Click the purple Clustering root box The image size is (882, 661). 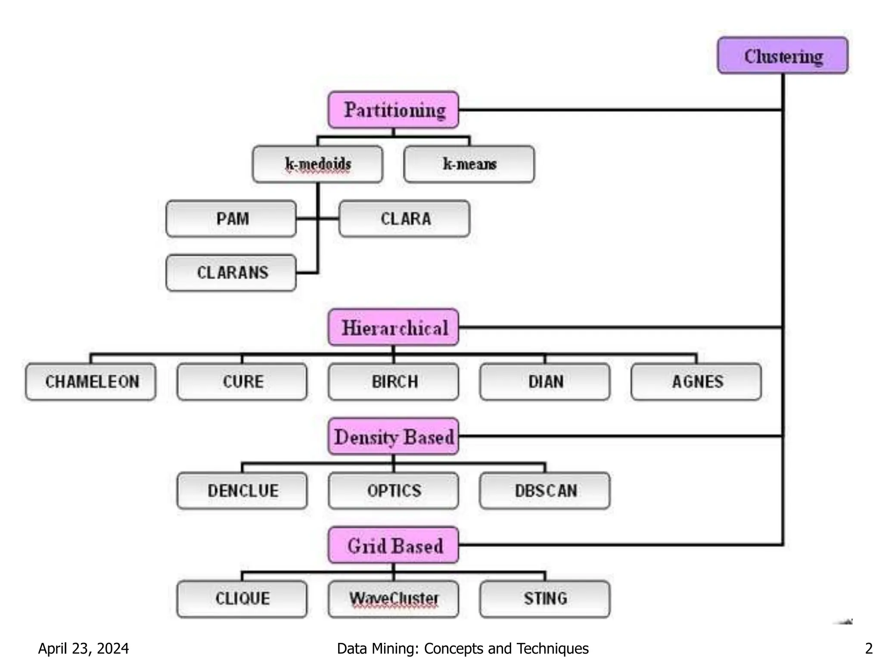783,56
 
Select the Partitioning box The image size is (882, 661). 393,110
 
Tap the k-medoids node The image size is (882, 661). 317,164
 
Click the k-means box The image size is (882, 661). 469,164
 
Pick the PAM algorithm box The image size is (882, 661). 231,219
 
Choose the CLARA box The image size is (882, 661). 404,219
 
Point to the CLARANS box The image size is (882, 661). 231,273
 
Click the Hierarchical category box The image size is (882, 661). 393,327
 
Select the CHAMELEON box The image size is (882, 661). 91,382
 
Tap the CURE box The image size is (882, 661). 242,382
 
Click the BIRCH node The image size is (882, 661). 393,382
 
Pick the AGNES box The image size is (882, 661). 696,382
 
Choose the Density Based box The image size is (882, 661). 393,436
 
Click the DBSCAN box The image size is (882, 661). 545,491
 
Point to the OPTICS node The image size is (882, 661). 393,491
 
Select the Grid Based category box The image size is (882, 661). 393,545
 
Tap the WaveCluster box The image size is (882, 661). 393,599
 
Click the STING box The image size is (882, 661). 545,599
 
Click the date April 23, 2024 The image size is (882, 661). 84,648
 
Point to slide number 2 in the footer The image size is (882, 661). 869,648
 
